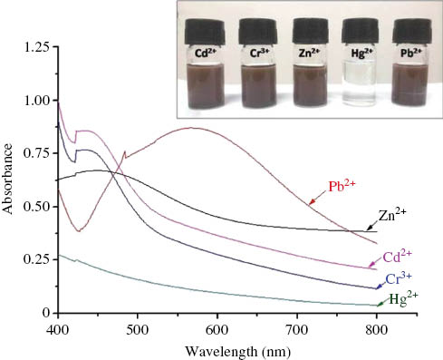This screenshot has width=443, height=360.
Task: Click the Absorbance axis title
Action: point(10,180)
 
